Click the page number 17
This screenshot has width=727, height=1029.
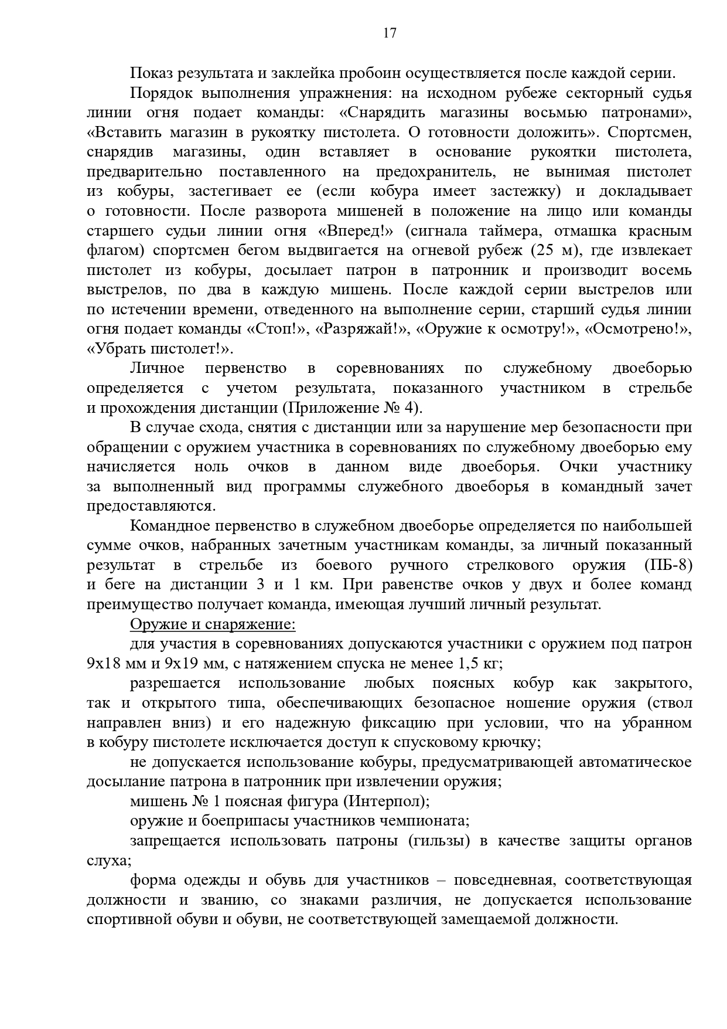[390, 33]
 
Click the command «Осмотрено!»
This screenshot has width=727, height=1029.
[639, 329]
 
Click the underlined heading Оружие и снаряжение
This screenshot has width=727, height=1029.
[213, 624]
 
